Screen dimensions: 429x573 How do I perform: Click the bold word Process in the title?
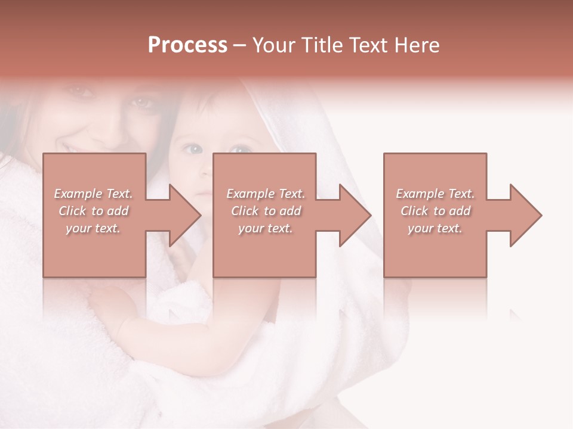point(187,45)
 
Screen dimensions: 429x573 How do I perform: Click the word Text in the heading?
point(370,45)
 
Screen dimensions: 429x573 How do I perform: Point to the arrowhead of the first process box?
point(184,215)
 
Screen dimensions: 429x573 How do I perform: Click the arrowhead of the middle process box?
point(355,215)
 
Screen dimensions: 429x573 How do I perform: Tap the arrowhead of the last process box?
point(525,215)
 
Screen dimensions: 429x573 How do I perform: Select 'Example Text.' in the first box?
point(93,194)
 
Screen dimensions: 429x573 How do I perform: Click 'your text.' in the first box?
point(93,228)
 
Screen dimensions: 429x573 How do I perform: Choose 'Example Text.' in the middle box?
point(266,194)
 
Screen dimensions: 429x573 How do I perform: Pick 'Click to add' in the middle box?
point(266,211)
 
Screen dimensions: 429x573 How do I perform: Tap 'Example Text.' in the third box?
point(435,194)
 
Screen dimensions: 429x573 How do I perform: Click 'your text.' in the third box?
point(435,228)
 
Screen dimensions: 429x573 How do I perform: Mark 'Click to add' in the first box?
point(93,211)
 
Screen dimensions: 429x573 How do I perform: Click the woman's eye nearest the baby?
point(142,102)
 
